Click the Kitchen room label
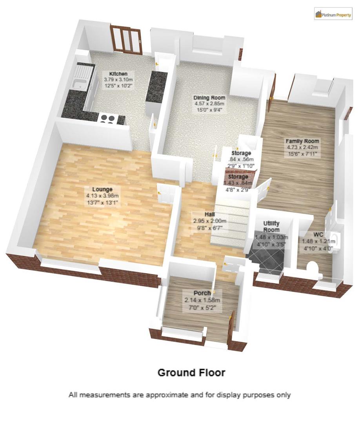[118, 74]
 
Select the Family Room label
[302, 141]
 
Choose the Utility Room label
[271, 227]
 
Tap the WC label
[318, 234]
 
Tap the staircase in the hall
[231, 222]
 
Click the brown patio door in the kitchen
[126, 39]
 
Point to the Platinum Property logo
[333, 15]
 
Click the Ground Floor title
[191, 372]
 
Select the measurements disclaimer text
[180, 395]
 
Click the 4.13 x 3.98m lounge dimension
[103, 196]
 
